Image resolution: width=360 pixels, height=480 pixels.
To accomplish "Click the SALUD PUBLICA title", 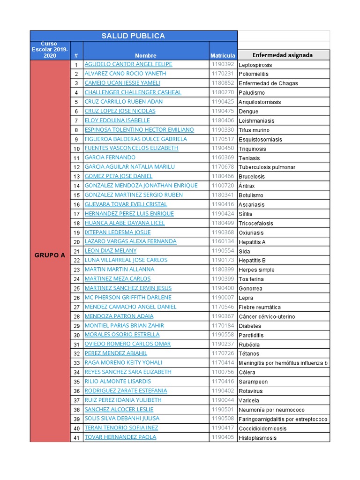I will [134, 36].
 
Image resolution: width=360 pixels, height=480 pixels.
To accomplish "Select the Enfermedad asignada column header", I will [283, 55].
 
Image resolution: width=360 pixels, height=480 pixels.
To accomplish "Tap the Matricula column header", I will [223, 56].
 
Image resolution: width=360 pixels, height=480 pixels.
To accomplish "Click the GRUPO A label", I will [50, 255].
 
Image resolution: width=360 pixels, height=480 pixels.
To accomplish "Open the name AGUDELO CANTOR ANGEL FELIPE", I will [128, 64].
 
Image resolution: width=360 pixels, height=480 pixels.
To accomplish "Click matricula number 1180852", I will [222, 83].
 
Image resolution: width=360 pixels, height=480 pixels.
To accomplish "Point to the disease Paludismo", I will [252, 93].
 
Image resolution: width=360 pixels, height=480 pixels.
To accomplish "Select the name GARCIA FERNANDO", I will [110, 157].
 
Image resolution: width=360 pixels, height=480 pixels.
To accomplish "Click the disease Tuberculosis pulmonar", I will [267, 167].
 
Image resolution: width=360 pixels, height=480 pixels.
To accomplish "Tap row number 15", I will [76, 195].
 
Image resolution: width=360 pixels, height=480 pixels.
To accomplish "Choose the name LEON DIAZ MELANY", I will [111, 251].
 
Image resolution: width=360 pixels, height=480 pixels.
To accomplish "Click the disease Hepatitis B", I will [252, 260].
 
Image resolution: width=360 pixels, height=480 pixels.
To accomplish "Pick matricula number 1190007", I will [222, 298].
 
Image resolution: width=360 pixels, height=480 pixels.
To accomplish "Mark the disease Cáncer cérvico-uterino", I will [267, 316].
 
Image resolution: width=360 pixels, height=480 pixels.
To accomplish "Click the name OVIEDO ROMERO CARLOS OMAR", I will [127, 344].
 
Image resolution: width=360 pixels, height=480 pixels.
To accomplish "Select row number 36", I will [76, 391].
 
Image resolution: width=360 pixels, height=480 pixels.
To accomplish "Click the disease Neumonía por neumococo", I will [271, 410].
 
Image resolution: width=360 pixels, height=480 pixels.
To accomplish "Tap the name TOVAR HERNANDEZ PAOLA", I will [120, 437].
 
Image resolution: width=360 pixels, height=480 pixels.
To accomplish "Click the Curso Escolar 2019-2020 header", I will [50, 50].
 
